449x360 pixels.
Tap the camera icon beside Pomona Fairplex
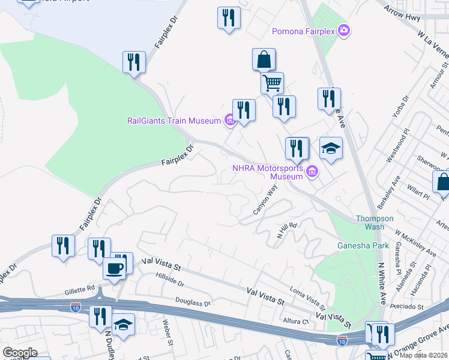(344, 30)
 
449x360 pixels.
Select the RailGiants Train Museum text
(175, 121)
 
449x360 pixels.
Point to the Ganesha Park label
(363, 245)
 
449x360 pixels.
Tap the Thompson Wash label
(375, 223)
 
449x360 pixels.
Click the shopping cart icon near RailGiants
(272, 82)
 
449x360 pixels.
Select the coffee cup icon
(114, 268)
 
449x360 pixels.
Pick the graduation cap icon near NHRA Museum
(331, 148)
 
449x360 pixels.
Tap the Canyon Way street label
(265, 200)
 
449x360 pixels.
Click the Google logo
(20, 353)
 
